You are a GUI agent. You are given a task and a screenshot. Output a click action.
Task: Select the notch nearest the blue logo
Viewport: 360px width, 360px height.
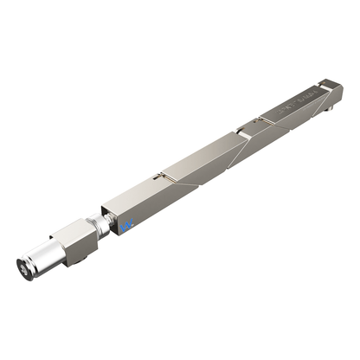(159, 177)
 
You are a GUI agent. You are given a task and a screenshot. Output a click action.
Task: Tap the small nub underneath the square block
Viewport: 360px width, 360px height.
(79, 262)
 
